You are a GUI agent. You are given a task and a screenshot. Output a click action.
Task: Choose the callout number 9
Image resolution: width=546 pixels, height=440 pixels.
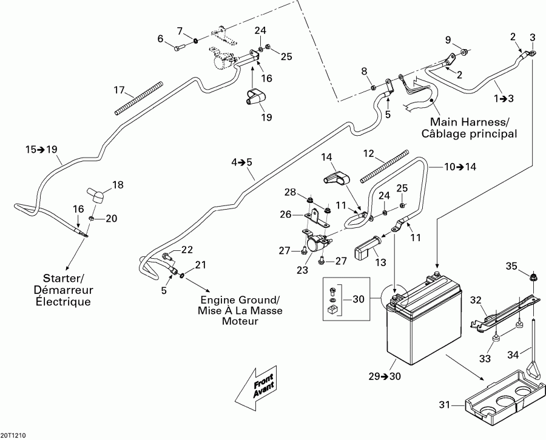pos(448,40)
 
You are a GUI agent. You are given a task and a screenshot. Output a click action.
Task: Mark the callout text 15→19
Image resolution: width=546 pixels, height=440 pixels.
pos(41,149)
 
